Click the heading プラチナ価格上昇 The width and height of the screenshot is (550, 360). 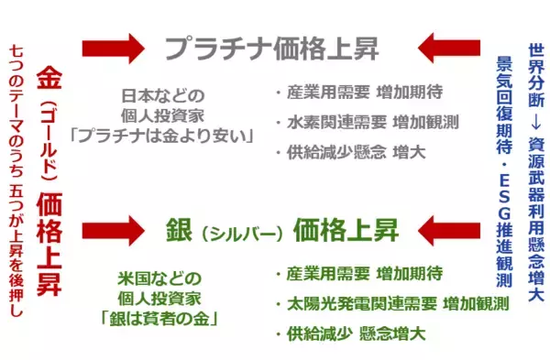click(x=271, y=47)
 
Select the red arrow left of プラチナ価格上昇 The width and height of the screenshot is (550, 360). click(x=113, y=46)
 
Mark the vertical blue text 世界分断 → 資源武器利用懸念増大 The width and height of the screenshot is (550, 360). click(x=535, y=170)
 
